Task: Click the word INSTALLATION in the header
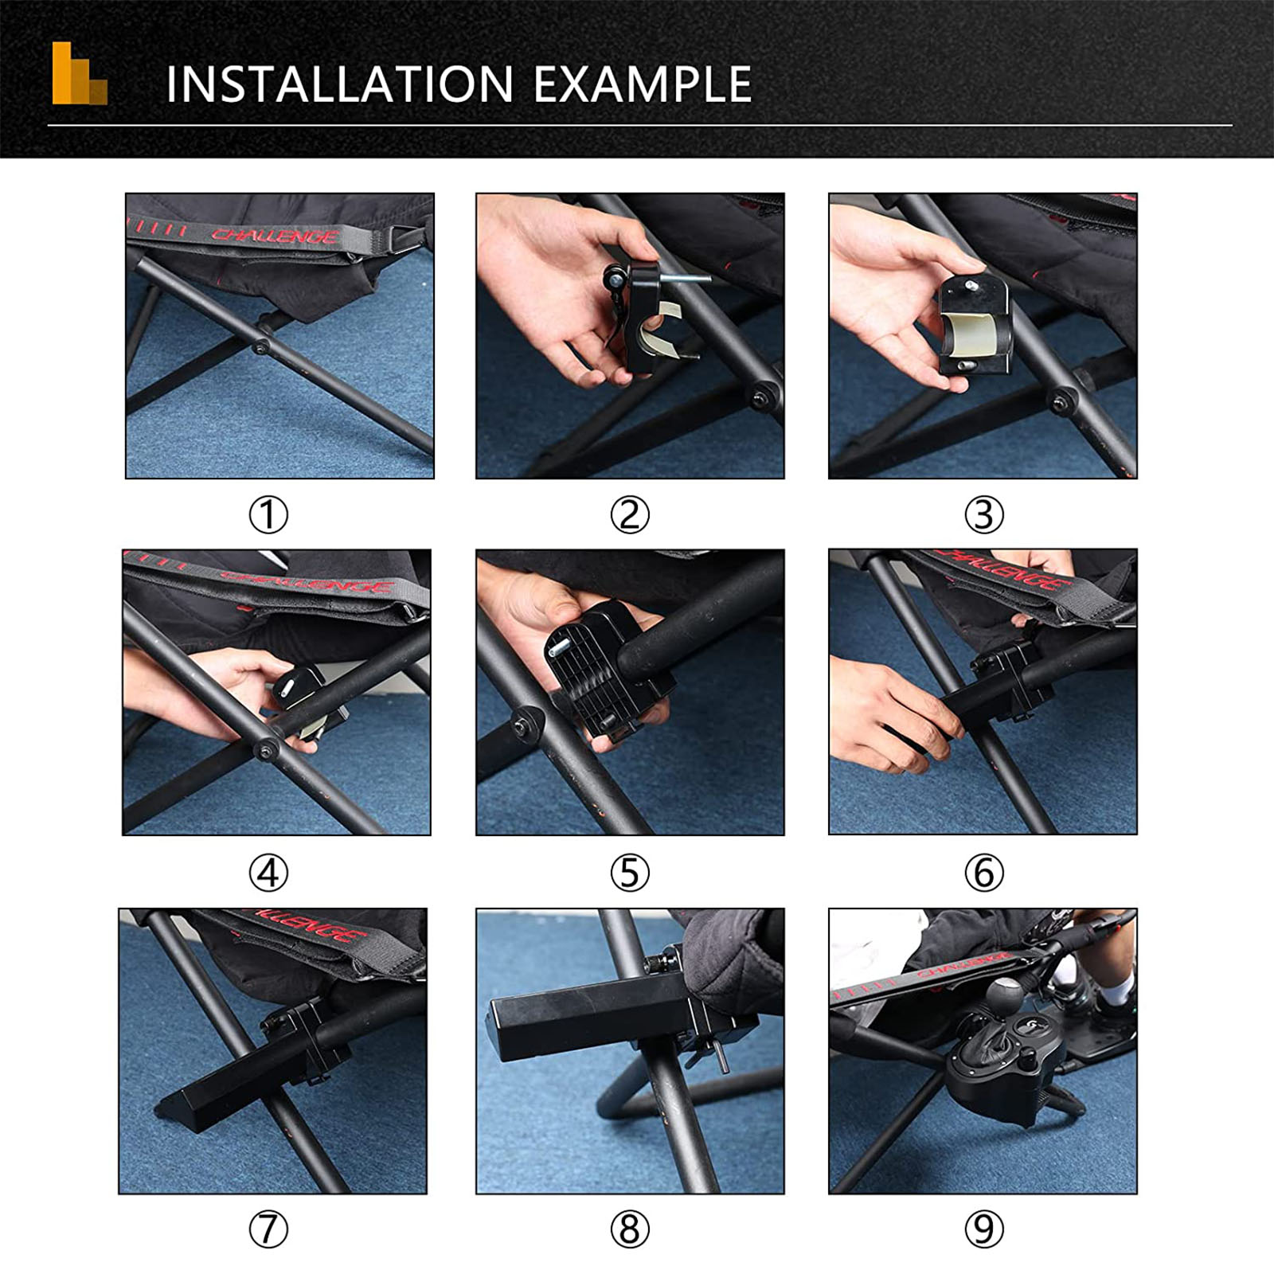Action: [x=339, y=84]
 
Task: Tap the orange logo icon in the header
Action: [x=80, y=73]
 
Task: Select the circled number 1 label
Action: [x=268, y=515]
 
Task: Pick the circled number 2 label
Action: [x=630, y=515]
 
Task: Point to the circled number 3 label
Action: [x=983, y=515]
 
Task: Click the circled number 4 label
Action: [x=268, y=873]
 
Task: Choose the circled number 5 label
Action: [x=630, y=873]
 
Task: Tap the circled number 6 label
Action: [x=983, y=873]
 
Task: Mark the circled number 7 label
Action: [x=268, y=1230]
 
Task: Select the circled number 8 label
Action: [x=630, y=1230]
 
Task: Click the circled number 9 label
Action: [x=983, y=1230]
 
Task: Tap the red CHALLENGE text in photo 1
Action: [x=275, y=236]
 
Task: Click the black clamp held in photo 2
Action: [x=645, y=318]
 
